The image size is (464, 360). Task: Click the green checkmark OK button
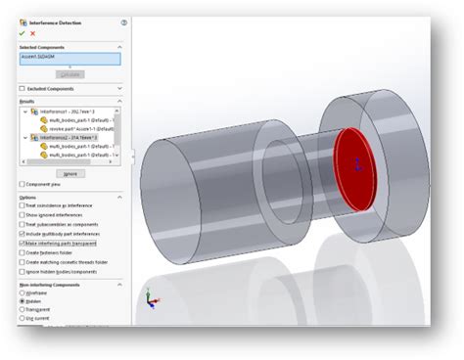[x=23, y=33]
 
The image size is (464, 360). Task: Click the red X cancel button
[x=32, y=33]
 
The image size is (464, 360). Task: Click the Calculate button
[x=70, y=73]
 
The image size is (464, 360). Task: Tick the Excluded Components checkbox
[x=23, y=88]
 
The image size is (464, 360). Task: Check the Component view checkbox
[x=23, y=184]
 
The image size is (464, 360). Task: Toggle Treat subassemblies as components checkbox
[x=23, y=225]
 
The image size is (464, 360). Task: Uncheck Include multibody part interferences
[x=23, y=235]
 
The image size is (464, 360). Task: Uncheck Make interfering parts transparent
[x=23, y=244]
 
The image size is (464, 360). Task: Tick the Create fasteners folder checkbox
[x=23, y=252]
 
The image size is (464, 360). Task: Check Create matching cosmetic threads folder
[x=23, y=261]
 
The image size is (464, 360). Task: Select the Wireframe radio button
[x=23, y=292]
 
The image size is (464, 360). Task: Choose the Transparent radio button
[x=23, y=310]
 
